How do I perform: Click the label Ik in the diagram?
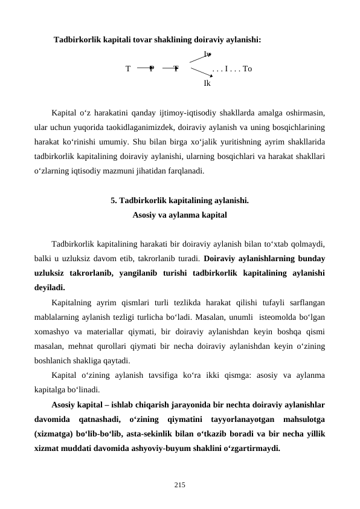(207, 83)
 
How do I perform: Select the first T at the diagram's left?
(128, 69)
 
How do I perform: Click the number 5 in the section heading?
(114, 200)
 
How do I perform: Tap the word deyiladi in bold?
(50, 287)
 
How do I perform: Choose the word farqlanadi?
(184, 171)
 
